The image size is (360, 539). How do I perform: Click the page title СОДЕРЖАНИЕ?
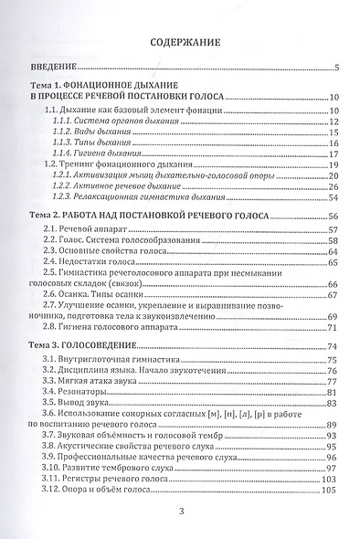click(x=180, y=42)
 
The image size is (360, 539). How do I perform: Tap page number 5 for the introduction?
click(x=336, y=69)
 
